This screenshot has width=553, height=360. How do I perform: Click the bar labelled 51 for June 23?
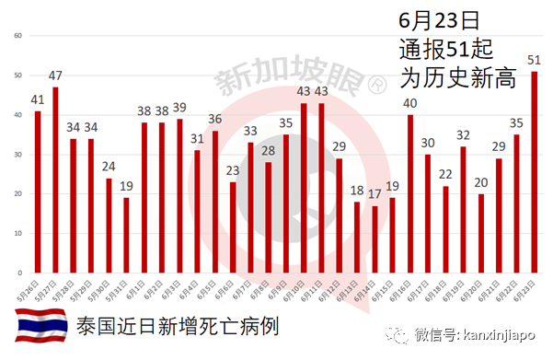[x=535, y=173]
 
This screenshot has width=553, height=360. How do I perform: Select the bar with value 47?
[x=55, y=180]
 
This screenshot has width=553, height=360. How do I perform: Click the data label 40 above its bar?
[x=409, y=103]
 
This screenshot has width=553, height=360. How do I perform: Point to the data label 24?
[x=108, y=167]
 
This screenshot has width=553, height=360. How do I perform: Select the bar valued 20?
[x=481, y=234]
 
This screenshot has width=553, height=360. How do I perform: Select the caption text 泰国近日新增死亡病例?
[x=176, y=328]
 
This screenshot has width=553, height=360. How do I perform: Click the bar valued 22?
[x=445, y=230]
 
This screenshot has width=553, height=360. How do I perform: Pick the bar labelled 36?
[x=215, y=203]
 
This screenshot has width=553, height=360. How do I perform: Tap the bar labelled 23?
[x=233, y=227]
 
